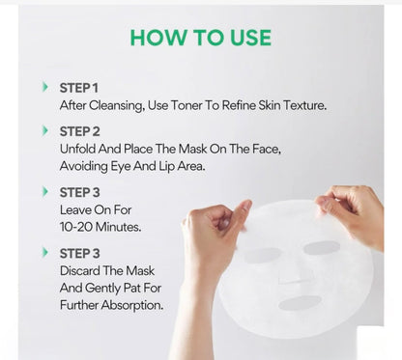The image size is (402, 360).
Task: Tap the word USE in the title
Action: pyautogui.click(x=250, y=38)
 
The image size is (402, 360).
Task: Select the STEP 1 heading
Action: pyautogui.click(x=79, y=88)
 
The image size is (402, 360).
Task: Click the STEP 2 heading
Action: pyautogui.click(x=80, y=131)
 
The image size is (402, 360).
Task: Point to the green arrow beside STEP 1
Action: pyautogui.click(x=45, y=87)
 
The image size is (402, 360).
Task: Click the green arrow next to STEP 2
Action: pyautogui.click(x=45, y=130)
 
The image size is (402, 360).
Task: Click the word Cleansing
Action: pyautogui.click(x=117, y=106)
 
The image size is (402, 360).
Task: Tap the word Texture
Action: pyautogui.click(x=304, y=105)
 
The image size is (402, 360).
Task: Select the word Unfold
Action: pyautogui.click(x=77, y=149)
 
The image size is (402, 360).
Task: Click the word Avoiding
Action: pyautogui.click(x=84, y=166)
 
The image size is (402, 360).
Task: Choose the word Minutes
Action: pyautogui.click(x=119, y=227)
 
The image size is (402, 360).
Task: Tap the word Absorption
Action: pyautogui.click(x=132, y=305)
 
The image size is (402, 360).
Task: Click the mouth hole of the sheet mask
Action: pyautogui.click(x=300, y=303)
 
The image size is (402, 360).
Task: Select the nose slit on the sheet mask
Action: pyautogui.click(x=291, y=281)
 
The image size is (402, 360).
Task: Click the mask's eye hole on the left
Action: pyautogui.click(x=263, y=255)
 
